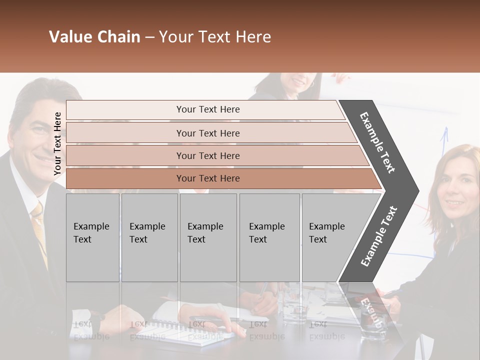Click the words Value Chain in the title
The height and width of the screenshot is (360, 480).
point(94,37)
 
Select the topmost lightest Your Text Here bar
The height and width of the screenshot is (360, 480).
point(207,109)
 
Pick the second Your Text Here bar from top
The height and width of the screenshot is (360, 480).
point(207,133)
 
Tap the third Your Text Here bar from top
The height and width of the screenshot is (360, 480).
point(207,155)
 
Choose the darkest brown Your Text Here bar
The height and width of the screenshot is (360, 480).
point(207,178)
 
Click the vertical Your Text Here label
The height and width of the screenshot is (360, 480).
point(57,143)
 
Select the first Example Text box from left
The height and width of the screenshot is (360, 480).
point(92,237)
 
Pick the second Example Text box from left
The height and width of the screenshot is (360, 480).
point(149,237)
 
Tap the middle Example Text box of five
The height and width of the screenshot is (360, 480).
point(208,237)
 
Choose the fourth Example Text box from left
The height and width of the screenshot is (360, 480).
point(269,237)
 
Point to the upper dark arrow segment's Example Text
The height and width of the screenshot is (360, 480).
point(378,142)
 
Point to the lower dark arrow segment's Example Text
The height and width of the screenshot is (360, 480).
point(379,236)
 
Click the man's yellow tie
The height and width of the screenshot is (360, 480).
point(39,230)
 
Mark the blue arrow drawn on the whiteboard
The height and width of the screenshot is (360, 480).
point(443,145)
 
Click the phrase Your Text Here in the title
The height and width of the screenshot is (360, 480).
point(215,37)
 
